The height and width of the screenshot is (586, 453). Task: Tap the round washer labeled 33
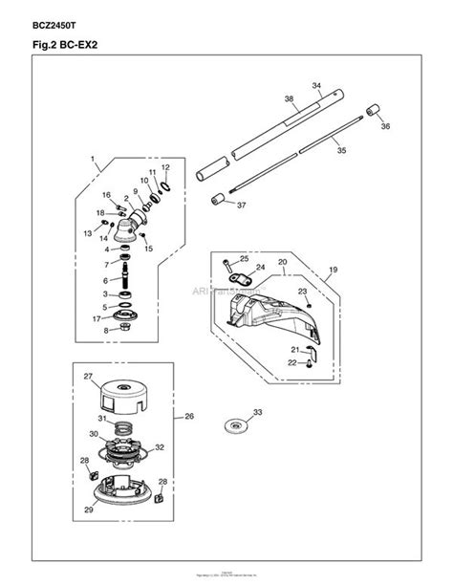click(x=229, y=425)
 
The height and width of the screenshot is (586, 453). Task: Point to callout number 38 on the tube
click(x=288, y=98)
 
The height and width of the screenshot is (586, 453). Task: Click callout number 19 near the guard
click(x=334, y=271)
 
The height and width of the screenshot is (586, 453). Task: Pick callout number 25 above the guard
click(x=244, y=259)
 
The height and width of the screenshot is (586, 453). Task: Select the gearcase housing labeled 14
click(x=126, y=230)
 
